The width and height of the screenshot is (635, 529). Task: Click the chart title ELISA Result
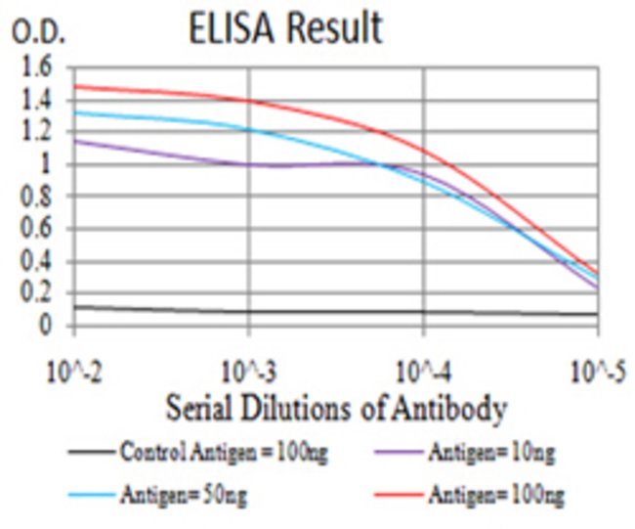tap(285, 28)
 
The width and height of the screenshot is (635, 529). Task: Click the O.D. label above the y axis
tap(38, 33)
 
